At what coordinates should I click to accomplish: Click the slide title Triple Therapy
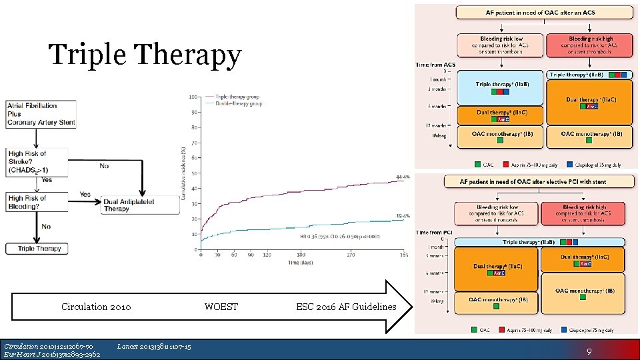[x=145, y=55]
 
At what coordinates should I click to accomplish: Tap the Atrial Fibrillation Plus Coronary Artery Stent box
[x=41, y=114]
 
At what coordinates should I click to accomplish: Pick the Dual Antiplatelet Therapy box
[x=140, y=205]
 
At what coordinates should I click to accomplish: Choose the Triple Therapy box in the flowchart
[x=39, y=249]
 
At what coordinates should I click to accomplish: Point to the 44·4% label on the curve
[x=402, y=177]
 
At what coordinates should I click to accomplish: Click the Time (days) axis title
[x=302, y=263]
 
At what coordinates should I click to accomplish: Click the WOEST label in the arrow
[x=221, y=307]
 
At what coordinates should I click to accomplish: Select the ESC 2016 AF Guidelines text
[x=345, y=307]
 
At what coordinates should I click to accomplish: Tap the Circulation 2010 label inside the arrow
[x=96, y=307]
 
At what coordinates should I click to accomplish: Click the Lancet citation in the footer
[x=153, y=346]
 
